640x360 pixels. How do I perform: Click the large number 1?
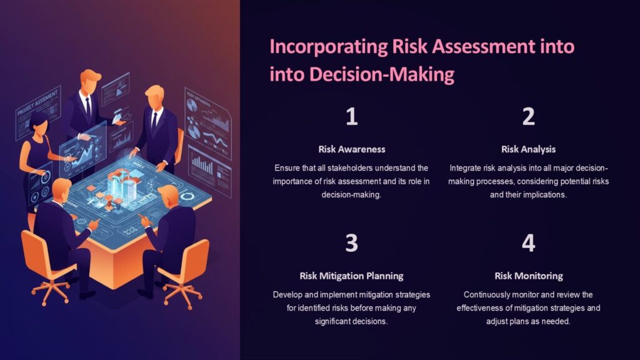pyautogui.click(x=352, y=117)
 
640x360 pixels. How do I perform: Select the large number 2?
pyautogui.click(x=529, y=117)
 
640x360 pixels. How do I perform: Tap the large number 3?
pyautogui.click(x=352, y=243)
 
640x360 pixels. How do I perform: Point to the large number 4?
pyautogui.click(x=529, y=243)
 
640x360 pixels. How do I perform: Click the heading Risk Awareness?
pyautogui.click(x=352, y=149)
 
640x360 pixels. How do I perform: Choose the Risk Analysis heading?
pyautogui.click(x=528, y=149)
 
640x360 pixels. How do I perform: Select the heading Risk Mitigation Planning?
pyautogui.click(x=352, y=276)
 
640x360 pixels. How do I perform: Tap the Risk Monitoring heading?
pyautogui.click(x=528, y=276)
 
